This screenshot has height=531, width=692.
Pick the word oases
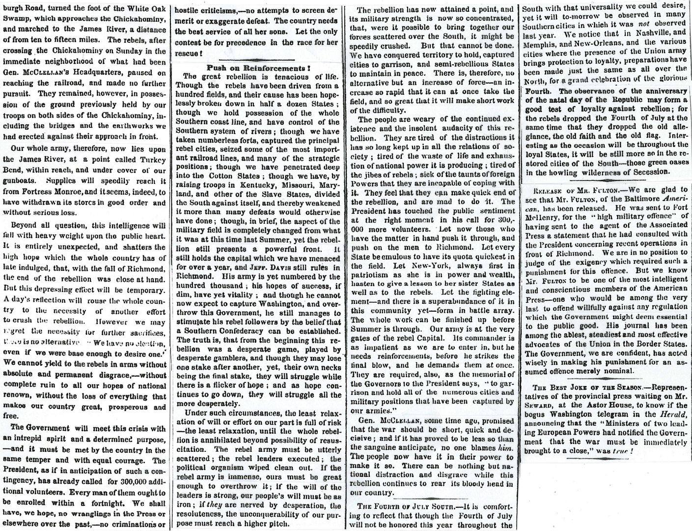pos(676,163)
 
